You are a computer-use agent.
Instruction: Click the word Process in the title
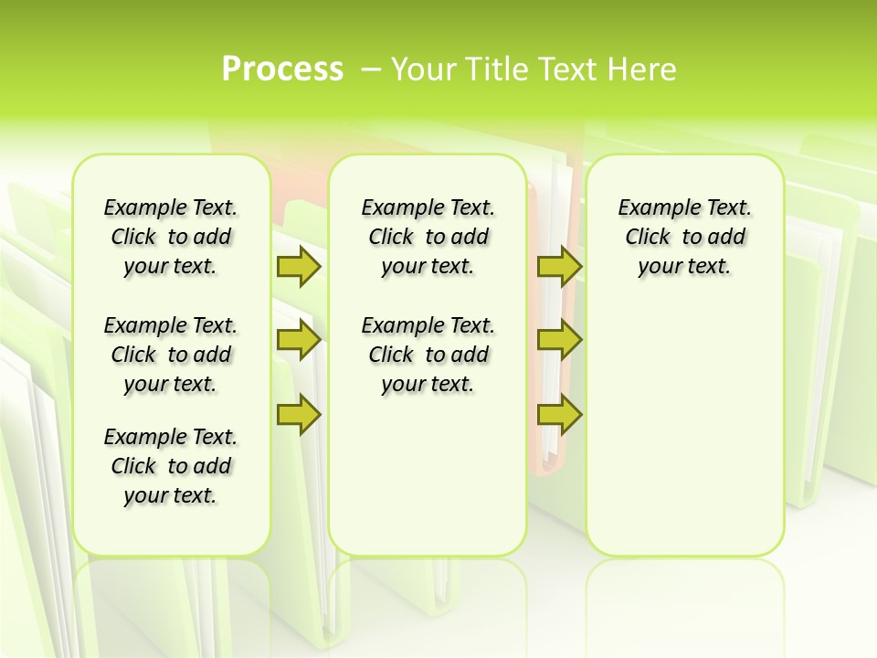[282, 69]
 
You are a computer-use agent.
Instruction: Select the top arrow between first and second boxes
[298, 266]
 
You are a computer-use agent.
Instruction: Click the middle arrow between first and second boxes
[298, 341]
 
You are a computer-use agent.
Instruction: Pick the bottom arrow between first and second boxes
[298, 415]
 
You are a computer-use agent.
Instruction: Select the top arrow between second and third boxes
[559, 266]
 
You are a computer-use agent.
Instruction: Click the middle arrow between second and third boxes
[559, 341]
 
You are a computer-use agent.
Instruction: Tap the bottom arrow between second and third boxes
[559, 415]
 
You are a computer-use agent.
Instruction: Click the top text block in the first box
[171, 237]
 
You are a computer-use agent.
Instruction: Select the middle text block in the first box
[171, 355]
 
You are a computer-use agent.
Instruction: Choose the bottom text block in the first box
[171, 466]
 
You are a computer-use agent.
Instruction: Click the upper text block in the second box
[428, 237]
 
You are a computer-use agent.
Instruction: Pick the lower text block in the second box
[428, 355]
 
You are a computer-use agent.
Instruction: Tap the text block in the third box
[684, 237]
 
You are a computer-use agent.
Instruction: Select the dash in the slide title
[371, 69]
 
